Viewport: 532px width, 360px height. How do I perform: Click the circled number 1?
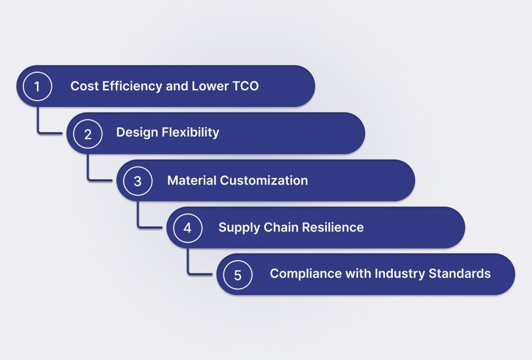[37, 86]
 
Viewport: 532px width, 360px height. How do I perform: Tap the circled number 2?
[87, 134]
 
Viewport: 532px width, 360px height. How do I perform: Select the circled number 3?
[138, 181]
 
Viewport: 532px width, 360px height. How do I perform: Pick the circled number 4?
[188, 228]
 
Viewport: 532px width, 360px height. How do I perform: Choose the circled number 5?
[237, 274]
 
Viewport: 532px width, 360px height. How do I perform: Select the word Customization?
[264, 180]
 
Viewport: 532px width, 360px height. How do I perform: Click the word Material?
[191, 180]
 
